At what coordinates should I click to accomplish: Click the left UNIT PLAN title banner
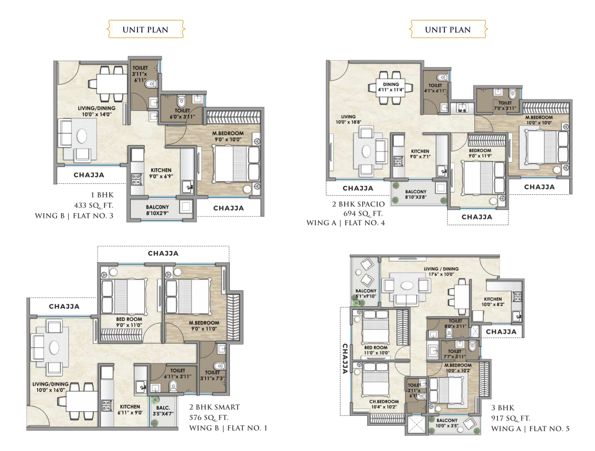145,29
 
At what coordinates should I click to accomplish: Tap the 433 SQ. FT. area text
94,206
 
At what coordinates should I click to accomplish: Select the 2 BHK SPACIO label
358,204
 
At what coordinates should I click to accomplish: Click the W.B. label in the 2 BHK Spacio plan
462,111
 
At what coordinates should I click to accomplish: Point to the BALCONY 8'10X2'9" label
157,210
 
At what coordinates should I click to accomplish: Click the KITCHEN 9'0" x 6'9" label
161,173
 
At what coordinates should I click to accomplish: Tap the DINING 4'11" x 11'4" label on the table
391,87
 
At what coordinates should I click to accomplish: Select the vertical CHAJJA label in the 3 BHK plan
345,359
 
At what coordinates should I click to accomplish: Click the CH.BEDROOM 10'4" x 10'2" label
384,404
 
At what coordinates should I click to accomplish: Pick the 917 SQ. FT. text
511,418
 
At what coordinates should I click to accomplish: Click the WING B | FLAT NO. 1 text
228,428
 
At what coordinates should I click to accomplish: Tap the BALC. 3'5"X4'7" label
163,411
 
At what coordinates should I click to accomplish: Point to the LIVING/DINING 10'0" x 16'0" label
50,387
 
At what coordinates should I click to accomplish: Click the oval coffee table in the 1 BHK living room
82,136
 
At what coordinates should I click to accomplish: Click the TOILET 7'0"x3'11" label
505,105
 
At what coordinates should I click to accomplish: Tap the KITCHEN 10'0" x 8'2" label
493,301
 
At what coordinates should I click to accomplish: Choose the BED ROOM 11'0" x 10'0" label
376,350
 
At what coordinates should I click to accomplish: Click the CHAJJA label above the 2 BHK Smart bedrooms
163,254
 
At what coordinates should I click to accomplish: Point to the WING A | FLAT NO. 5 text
530,428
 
